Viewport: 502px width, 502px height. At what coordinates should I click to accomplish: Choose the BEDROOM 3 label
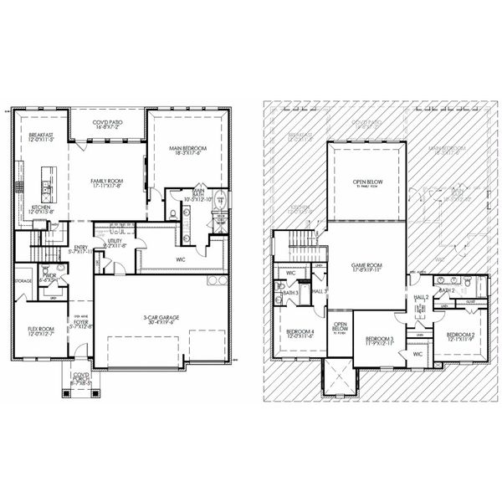click(380, 341)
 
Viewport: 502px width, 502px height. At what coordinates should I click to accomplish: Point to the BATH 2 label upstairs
click(448, 290)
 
